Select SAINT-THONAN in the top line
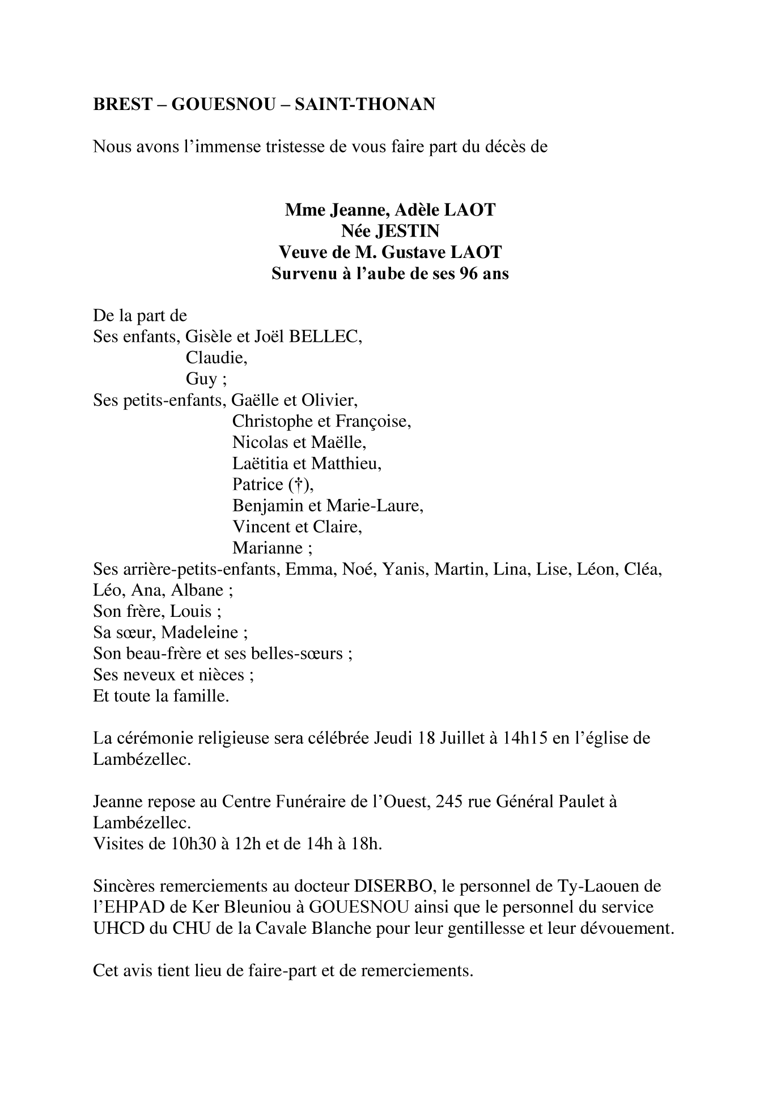(x=365, y=104)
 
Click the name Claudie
(x=217, y=358)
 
